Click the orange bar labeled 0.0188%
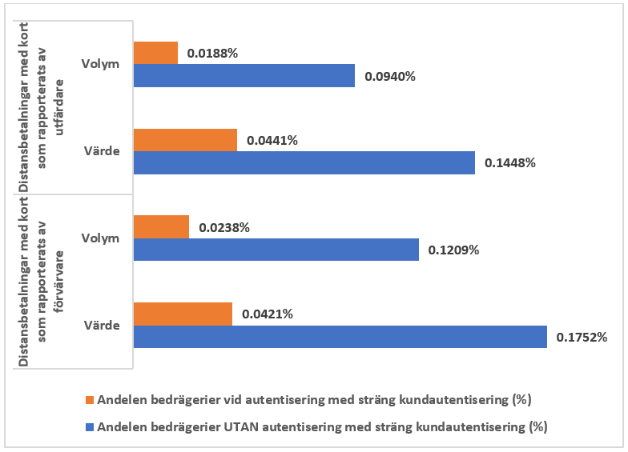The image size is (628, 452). pos(155,53)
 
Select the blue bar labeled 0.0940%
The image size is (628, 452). pos(244,76)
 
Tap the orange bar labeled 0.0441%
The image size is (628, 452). pos(185,140)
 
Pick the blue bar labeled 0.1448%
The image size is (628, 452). pos(304,163)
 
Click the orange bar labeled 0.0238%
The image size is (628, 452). pos(161,227)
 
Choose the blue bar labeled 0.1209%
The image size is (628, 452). pos(276,250)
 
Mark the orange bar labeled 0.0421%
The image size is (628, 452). pos(183,314)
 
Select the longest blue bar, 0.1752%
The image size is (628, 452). pos(340,337)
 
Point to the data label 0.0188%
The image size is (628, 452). pos(213,54)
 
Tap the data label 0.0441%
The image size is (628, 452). pos(272,141)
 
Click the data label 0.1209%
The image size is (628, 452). pos(454,250)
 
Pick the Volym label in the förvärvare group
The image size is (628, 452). pos(100,238)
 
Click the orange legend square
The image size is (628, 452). pos(89,398)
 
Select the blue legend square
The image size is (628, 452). pos(89,427)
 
